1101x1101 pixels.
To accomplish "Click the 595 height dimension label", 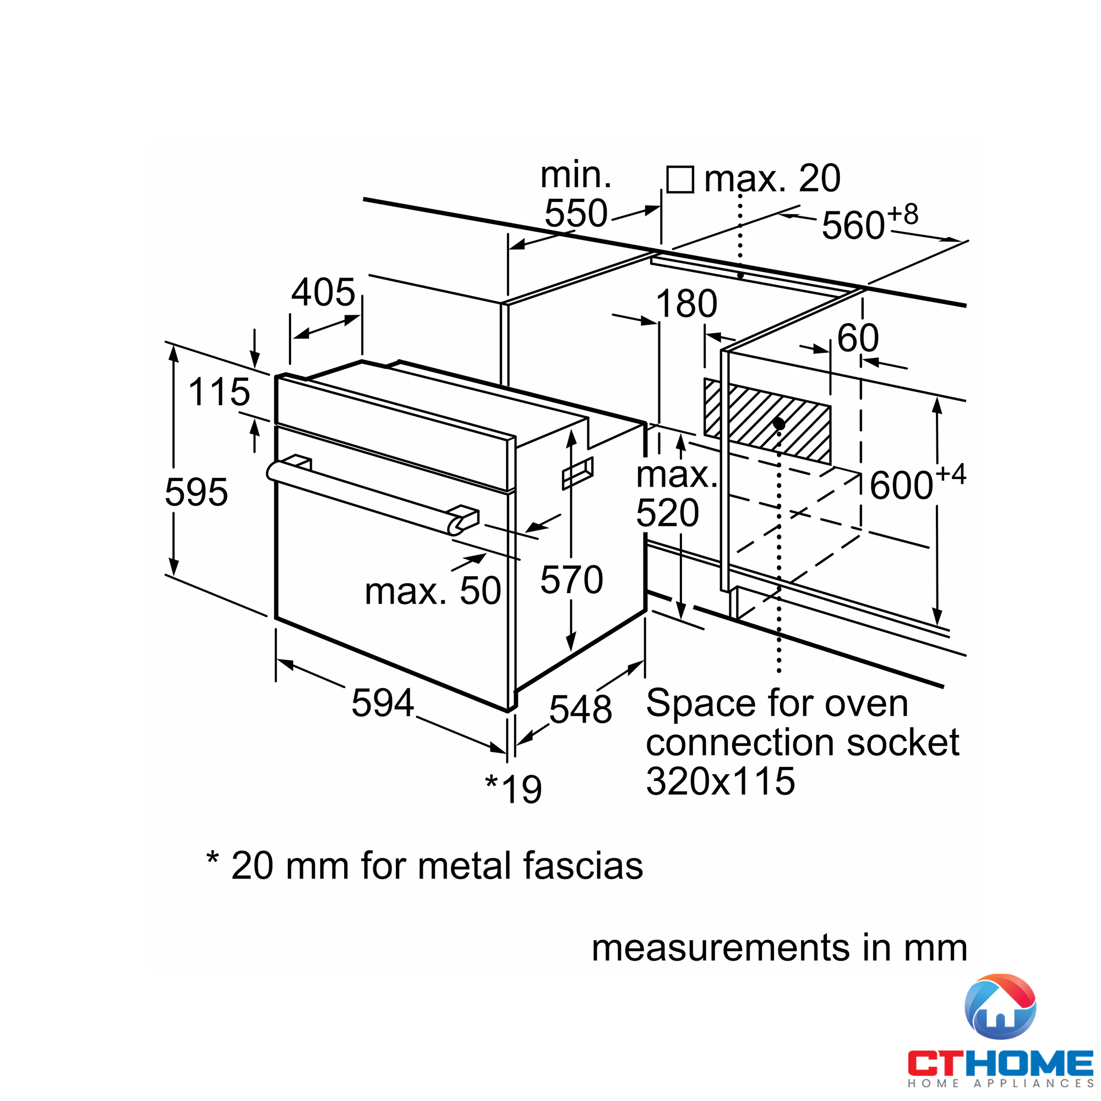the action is [196, 492].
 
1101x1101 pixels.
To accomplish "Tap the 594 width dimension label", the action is [383, 702].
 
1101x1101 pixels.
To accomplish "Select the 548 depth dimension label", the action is [580, 709].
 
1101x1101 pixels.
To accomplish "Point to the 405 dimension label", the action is [323, 292].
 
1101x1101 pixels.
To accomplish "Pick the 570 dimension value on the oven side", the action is [571, 580].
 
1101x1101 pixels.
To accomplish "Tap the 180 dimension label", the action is [686, 303].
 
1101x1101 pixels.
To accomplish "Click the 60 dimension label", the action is [858, 338].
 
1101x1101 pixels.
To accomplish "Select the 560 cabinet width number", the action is [853, 225].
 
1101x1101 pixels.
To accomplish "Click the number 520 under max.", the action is [667, 513].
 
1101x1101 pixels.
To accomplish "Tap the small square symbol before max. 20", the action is [680, 179].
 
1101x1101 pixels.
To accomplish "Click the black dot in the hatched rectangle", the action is [779, 424].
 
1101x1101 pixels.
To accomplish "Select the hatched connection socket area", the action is [767, 421].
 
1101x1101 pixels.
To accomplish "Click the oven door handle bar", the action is [365, 494].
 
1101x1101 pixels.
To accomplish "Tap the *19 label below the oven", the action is [514, 789].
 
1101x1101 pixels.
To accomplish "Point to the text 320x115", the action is [720, 781].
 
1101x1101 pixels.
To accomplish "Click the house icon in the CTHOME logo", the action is [1000, 1007].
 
